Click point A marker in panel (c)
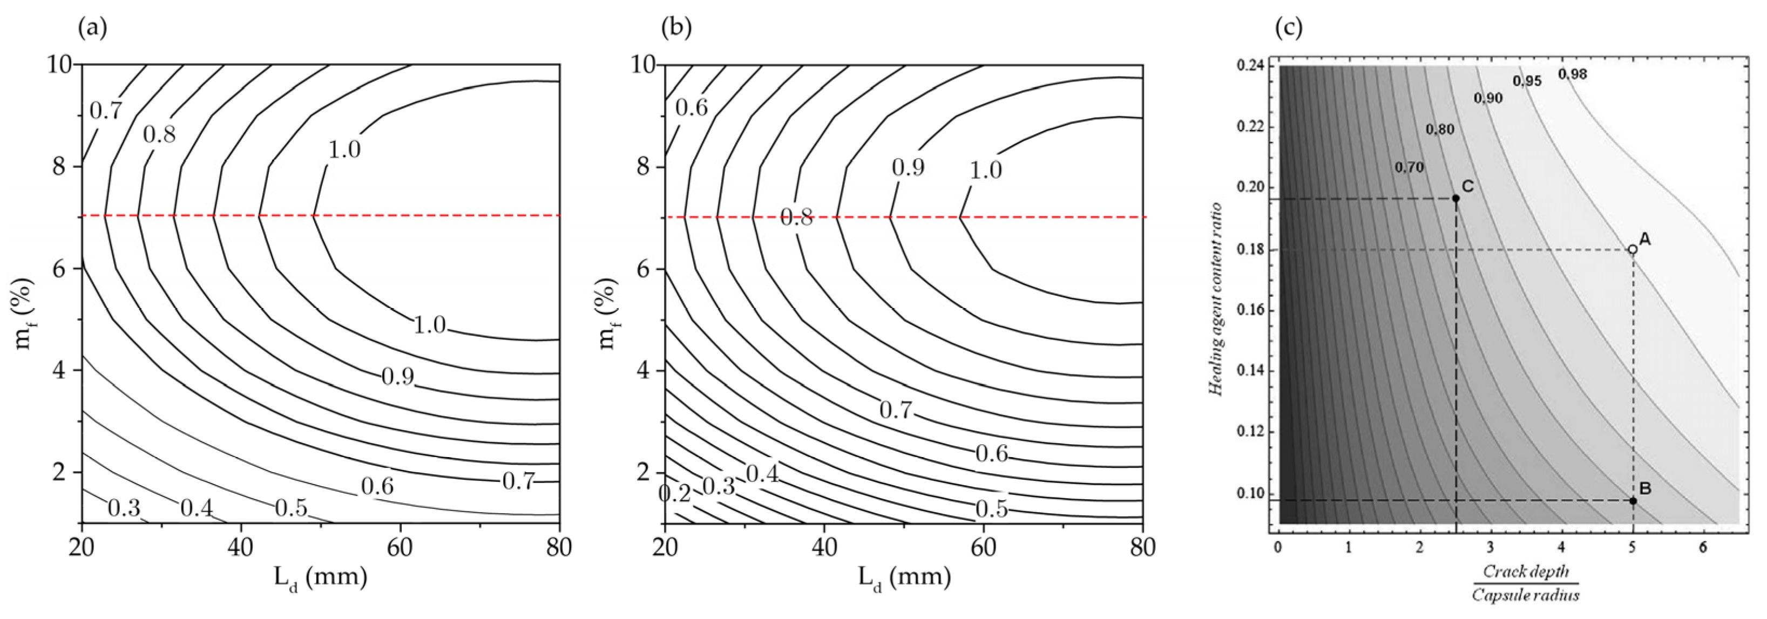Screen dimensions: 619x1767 click(x=1633, y=249)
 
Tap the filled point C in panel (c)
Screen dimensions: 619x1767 click(x=1455, y=198)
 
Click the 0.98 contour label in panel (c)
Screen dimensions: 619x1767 click(x=1573, y=74)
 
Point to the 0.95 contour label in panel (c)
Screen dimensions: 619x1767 click(x=1528, y=81)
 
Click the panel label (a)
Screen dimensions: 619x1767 click(x=93, y=28)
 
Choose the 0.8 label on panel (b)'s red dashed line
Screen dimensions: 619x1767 click(x=797, y=218)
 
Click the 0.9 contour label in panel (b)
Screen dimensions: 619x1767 click(x=908, y=167)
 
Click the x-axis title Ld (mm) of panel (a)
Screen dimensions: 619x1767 click(x=320, y=578)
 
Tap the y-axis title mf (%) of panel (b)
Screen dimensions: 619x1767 click(x=608, y=312)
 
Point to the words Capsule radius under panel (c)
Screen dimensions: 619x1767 click(x=1525, y=594)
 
